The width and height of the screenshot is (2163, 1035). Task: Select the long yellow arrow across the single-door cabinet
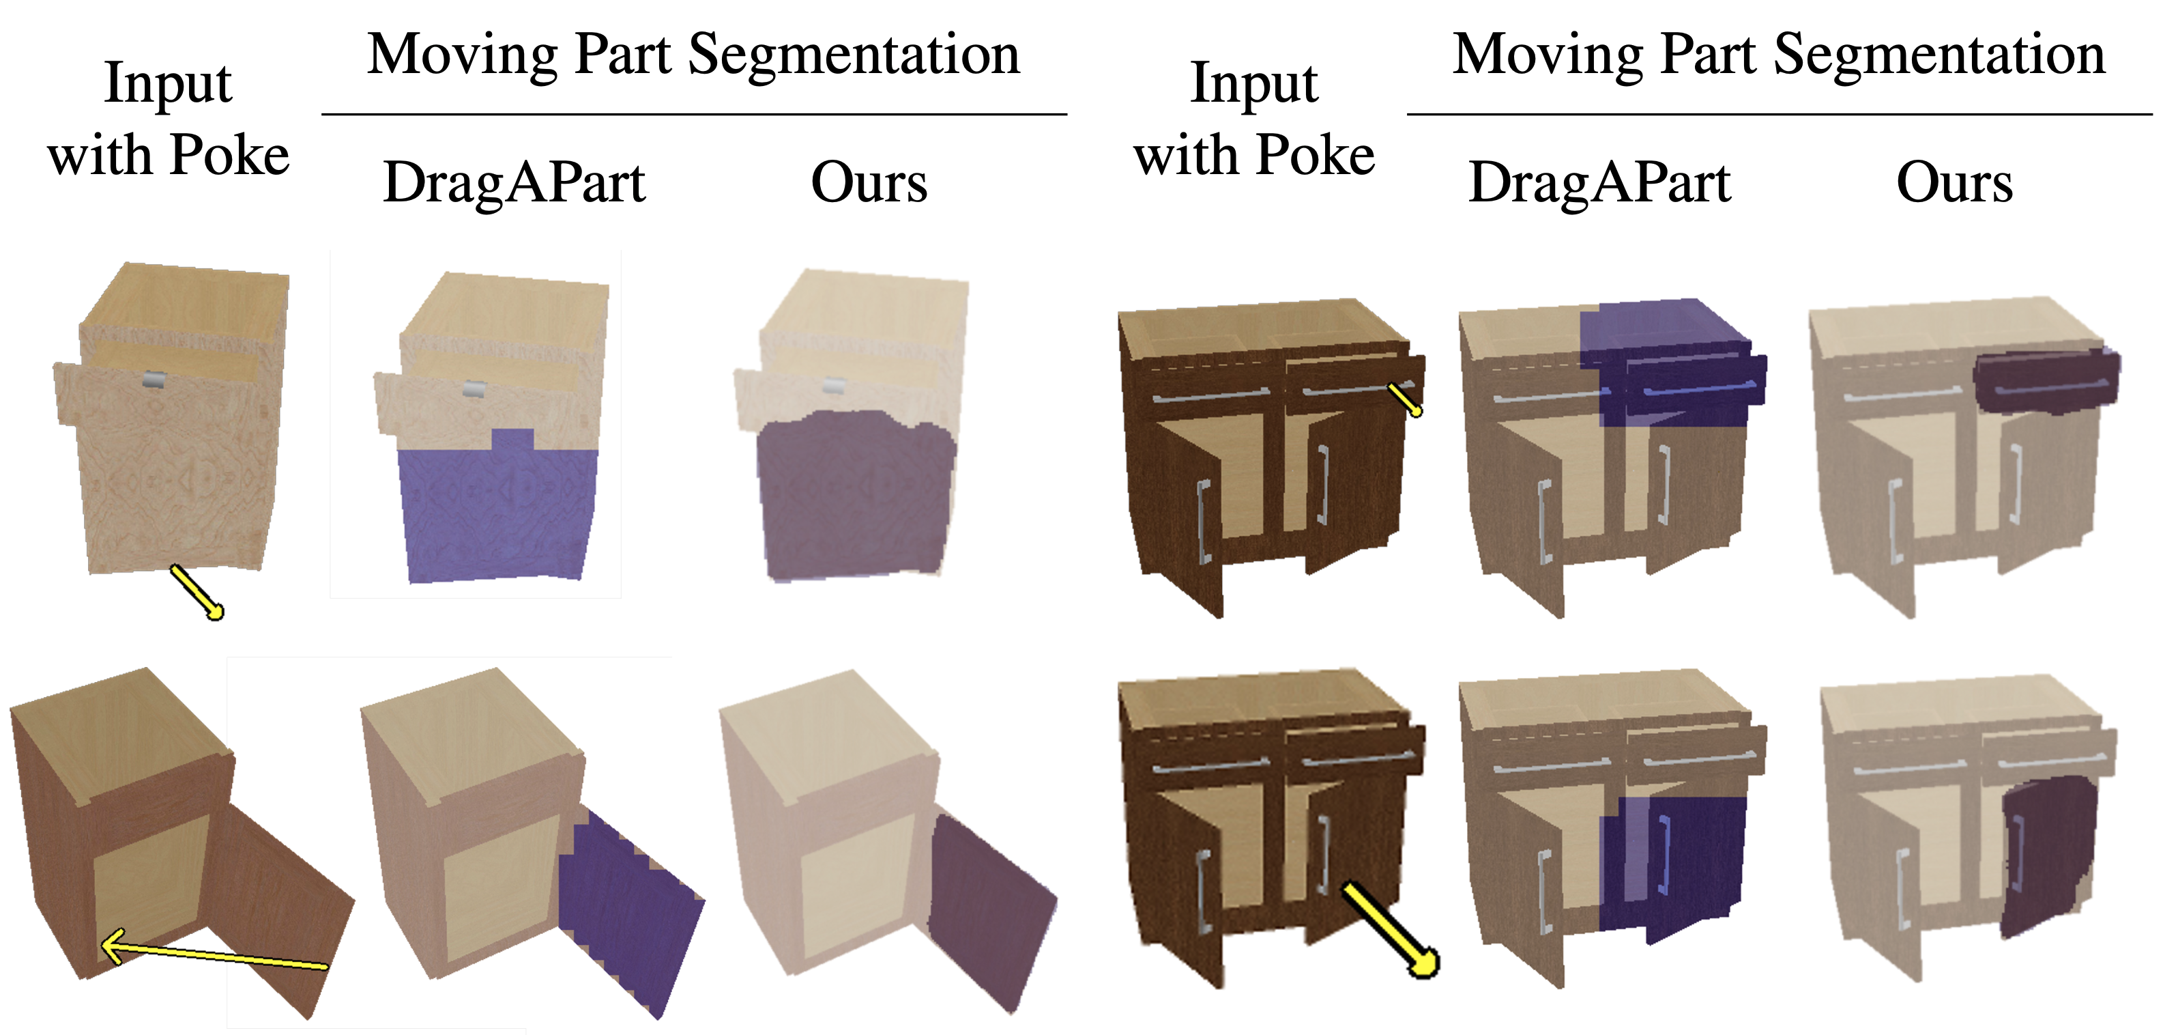coord(214,955)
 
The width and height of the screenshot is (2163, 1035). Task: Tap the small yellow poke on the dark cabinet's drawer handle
coord(1404,399)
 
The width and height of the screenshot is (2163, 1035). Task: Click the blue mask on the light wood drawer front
coord(499,513)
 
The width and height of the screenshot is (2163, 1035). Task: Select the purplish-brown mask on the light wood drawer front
coord(855,496)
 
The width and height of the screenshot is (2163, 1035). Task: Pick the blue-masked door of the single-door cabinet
coord(630,907)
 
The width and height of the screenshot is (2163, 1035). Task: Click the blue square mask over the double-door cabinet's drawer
coord(1667,361)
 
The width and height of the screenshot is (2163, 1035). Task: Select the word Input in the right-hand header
coord(1253,84)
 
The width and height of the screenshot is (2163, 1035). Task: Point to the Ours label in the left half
coord(869,182)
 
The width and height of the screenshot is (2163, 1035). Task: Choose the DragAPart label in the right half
coord(1599,182)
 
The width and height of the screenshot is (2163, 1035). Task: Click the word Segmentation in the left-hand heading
coord(854,55)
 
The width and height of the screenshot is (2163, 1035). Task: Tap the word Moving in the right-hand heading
coord(1547,55)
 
